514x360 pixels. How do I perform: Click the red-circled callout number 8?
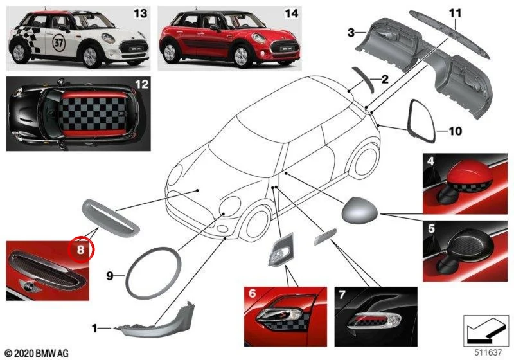(81, 250)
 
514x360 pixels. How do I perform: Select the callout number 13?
(140, 14)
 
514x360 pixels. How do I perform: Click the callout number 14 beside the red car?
(292, 14)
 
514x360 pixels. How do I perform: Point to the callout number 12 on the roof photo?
(141, 84)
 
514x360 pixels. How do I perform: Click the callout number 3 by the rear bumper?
(351, 33)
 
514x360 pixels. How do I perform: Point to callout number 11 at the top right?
(455, 13)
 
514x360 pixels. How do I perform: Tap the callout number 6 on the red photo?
(252, 292)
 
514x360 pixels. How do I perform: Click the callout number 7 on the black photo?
(342, 294)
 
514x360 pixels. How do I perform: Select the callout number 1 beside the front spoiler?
(94, 328)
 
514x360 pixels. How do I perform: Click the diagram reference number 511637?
(488, 352)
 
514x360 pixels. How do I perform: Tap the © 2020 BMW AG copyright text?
(37, 353)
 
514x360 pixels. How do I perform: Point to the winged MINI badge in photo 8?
(29, 286)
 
